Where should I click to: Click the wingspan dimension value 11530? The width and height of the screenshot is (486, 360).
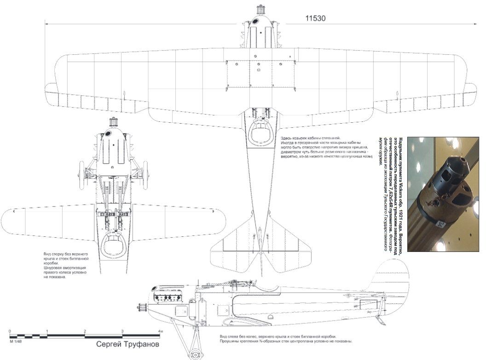pyautogui.click(x=315, y=18)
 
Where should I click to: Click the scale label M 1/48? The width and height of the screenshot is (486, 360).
pyautogui.click(x=17, y=342)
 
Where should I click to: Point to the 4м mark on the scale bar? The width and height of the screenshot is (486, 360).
pyautogui.click(x=160, y=331)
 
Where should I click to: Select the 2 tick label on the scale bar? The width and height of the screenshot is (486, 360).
pyautogui.click(x=85, y=331)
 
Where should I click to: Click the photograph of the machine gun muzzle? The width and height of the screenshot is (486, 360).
pyautogui.click(x=444, y=194)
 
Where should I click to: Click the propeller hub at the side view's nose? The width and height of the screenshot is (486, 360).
pyautogui.click(x=147, y=307)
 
